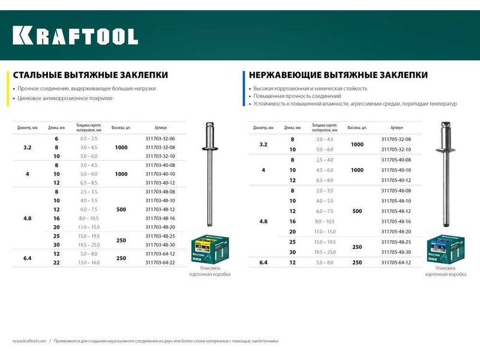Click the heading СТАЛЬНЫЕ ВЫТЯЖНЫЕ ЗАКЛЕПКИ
tap(89, 75)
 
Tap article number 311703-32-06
tap(160, 139)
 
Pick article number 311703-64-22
tap(160, 262)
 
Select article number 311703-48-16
tap(160, 218)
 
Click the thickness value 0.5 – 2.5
tap(88, 139)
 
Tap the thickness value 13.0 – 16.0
tap(88, 262)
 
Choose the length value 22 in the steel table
tap(56, 262)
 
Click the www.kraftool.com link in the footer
tap(29, 341)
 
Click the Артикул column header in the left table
tap(160, 128)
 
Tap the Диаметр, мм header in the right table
tap(264, 128)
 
